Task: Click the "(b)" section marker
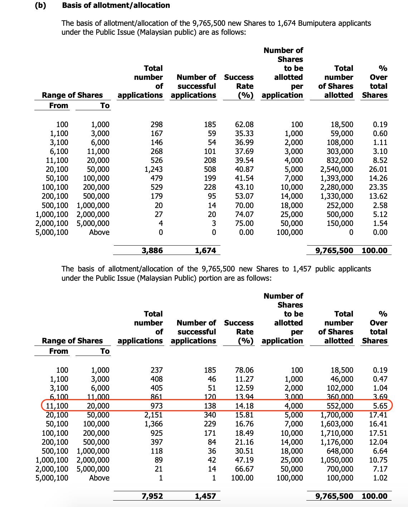click(40, 5)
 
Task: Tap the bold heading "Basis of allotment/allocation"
click(116, 5)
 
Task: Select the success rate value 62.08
click(244, 125)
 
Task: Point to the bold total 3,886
click(152, 251)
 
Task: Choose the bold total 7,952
click(152, 496)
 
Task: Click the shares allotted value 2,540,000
click(336, 169)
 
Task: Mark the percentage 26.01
click(378, 169)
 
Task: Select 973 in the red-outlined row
click(156, 406)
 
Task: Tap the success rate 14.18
click(244, 406)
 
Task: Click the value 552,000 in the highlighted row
click(340, 406)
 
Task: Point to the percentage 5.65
click(380, 406)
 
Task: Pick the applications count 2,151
click(154, 415)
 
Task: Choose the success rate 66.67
click(244, 469)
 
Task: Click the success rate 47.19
click(244, 460)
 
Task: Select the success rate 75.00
click(244, 223)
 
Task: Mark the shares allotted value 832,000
click(340, 160)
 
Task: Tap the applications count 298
click(156, 125)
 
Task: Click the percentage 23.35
click(378, 187)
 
